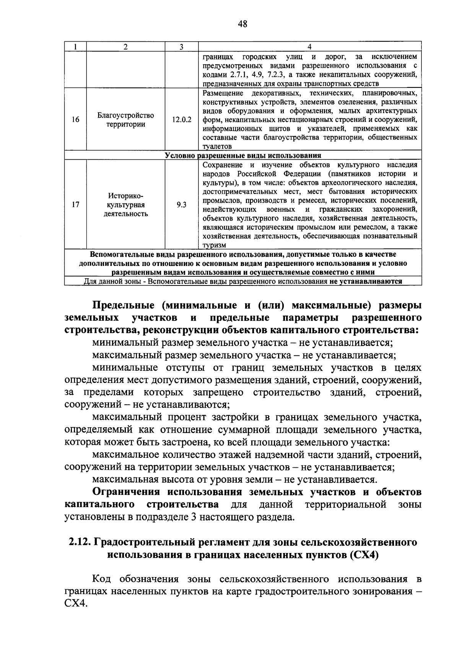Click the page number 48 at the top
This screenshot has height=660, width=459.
(243, 24)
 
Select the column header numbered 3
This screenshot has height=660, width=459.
(182, 47)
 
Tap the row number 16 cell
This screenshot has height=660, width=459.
(76, 119)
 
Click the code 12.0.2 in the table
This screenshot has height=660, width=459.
(182, 119)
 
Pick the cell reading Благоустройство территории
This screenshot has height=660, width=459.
(126, 120)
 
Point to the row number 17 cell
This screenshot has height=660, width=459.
(76, 204)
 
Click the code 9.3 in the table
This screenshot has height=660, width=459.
(182, 204)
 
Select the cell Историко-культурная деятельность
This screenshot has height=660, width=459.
(126, 204)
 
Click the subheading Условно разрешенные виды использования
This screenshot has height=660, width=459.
(243, 156)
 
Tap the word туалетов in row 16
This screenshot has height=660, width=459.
(217, 146)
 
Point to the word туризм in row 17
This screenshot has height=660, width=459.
(214, 245)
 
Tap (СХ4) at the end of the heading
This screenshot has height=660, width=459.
(363, 555)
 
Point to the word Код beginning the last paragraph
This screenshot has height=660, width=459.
(101, 579)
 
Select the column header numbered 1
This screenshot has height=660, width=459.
(76, 47)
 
